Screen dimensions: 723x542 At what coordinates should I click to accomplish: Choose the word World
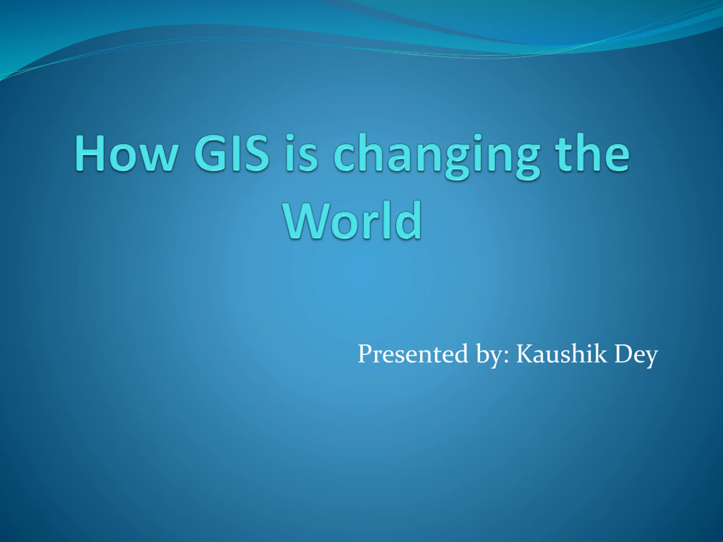(x=352, y=221)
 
